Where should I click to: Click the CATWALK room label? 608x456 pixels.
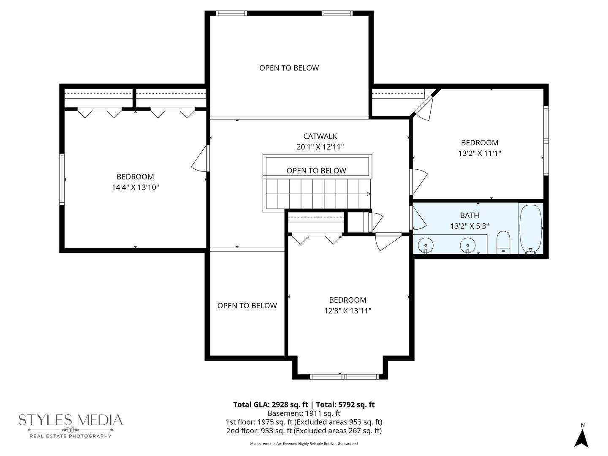point(320,136)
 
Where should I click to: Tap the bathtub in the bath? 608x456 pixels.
point(530,228)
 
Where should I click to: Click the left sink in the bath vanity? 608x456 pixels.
point(426,244)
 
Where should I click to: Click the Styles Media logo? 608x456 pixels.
point(71,425)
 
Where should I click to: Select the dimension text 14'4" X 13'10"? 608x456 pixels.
point(135,187)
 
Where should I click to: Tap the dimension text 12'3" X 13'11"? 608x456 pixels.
point(347,311)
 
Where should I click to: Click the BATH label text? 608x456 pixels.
point(470,215)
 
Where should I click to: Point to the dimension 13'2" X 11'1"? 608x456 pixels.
point(480,153)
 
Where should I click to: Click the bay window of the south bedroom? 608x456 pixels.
point(344,376)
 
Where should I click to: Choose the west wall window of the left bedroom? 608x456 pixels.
point(62,179)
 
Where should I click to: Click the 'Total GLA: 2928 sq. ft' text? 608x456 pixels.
point(271,404)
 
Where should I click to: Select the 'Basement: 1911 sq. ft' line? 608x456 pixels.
point(304,413)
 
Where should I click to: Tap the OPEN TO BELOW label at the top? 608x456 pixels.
point(289,68)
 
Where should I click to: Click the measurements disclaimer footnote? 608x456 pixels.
point(304,444)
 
